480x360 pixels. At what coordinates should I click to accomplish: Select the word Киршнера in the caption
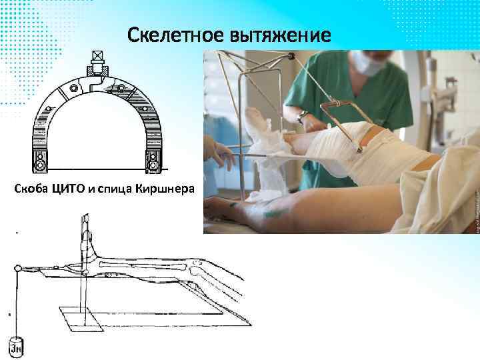tap(165, 189)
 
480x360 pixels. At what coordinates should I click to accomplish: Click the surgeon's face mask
tap(365, 63)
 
